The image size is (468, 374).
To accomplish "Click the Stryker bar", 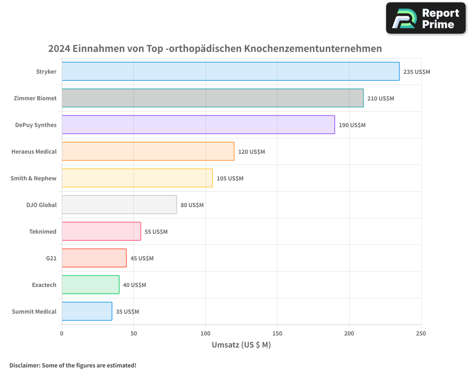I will (230, 72).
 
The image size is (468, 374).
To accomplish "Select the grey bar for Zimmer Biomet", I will (212, 98).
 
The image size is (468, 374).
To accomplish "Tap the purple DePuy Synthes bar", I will (198, 125).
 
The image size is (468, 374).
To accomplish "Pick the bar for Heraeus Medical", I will (148, 151).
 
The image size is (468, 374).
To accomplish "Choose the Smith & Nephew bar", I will (137, 178).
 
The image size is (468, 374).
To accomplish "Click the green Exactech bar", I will (90, 285).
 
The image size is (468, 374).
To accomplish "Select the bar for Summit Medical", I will (87, 311).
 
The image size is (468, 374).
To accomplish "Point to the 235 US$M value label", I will (417, 72).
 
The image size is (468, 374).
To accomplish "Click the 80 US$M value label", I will (192, 205).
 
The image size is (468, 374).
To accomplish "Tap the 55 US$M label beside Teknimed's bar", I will (156, 232).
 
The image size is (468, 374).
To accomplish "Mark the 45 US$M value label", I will (142, 259).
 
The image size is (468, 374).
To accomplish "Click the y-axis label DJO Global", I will (42, 205).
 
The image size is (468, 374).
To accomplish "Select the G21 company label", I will (51, 258).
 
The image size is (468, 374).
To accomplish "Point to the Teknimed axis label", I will (43, 231).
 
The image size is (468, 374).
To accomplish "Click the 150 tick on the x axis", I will (277, 333).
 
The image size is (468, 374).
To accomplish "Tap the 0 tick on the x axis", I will (62, 333).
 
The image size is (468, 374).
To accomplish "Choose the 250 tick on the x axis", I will (421, 333).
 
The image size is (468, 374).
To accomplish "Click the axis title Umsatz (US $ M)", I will (241, 345).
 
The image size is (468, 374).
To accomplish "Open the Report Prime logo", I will (425, 18).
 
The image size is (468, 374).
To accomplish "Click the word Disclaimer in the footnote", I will (24, 365).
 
